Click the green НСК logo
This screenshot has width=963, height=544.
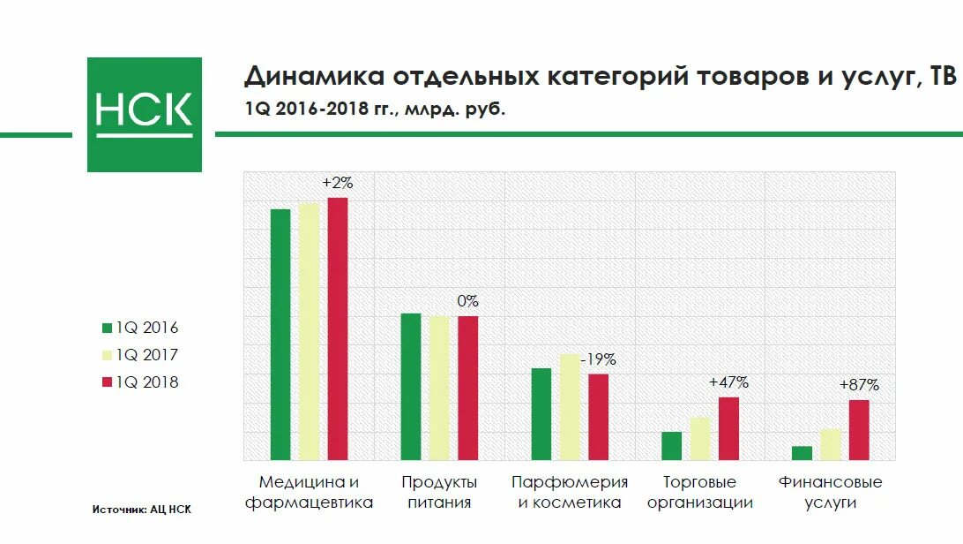[x=144, y=114]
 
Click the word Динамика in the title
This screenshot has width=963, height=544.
[x=302, y=77]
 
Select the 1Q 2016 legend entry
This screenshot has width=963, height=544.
[x=140, y=328]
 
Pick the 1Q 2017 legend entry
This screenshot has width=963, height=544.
[x=140, y=355]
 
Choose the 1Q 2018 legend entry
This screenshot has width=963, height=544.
[x=140, y=382]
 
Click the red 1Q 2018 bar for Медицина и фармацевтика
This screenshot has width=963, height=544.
[x=338, y=329]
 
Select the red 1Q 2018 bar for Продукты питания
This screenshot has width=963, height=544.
[x=467, y=388]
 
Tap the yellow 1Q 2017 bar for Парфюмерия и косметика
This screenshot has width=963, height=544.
[x=570, y=406]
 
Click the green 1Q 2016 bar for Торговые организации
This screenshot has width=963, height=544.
[x=671, y=446]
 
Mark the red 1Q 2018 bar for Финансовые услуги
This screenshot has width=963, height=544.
[x=859, y=430]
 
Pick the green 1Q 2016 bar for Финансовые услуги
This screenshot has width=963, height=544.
[x=802, y=453]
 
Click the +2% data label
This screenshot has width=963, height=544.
[x=337, y=183]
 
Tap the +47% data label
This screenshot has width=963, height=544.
[x=728, y=382]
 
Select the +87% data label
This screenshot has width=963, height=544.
[x=859, y=385]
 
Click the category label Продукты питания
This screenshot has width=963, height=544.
[x=439, y=493]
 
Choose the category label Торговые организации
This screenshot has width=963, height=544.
[x=699, y=493]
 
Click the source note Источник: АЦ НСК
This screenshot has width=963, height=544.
[x=141, y=510]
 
